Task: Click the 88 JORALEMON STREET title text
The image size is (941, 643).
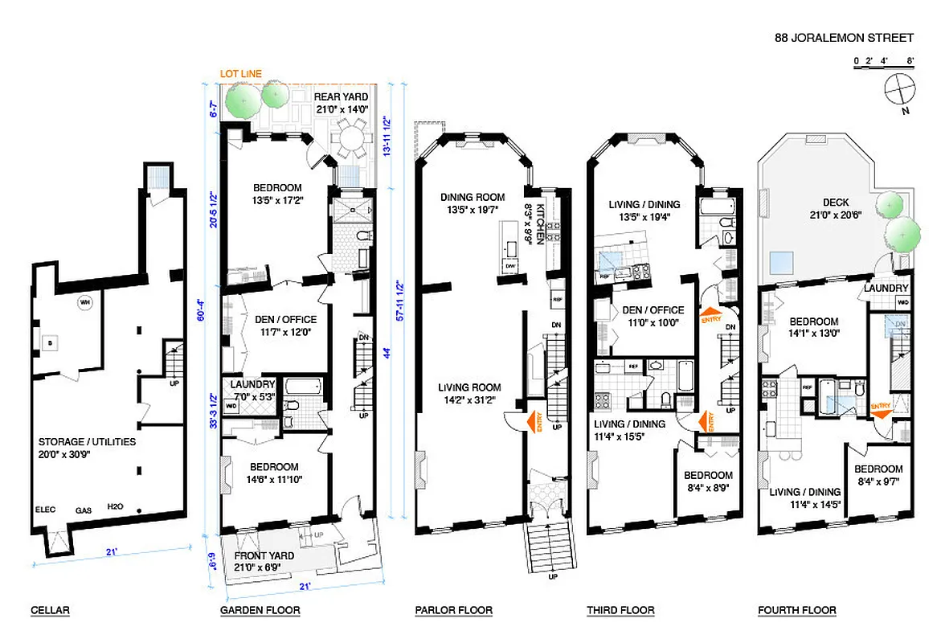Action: tap(844, 37)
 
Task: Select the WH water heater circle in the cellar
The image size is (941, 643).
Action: tap(84, 303)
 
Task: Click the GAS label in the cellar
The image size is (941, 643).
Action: tap(83, 510)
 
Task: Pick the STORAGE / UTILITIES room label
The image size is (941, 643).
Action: tap(87, 441)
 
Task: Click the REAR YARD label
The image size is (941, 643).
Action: tap(341, 97)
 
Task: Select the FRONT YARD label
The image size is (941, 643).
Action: tap(264, 555)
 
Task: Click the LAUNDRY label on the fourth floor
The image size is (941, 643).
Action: tap(886, 288)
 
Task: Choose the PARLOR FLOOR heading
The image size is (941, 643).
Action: tap(453, 610)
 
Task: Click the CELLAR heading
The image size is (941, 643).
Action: tap(51, 610)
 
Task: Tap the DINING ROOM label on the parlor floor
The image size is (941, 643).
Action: tap(472, 197)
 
